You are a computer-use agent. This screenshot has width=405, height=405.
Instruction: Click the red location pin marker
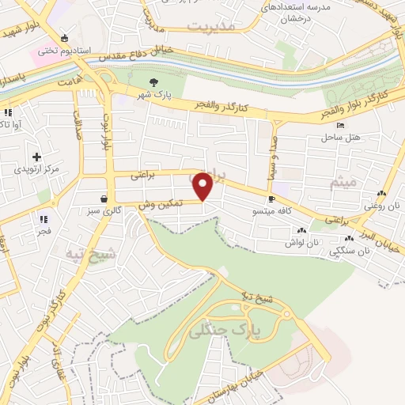tap(203, 187)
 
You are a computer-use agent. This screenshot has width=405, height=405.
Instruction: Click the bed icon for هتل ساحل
tap(340, 126)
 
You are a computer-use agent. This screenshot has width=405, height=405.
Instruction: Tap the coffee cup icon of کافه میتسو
tap(272, 199)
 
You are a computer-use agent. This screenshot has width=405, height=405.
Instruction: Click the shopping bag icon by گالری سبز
tap(105, 199)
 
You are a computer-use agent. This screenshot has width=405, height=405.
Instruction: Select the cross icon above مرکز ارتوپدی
tap(36, 157)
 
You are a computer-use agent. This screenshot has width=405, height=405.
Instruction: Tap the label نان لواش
tap(303, 243)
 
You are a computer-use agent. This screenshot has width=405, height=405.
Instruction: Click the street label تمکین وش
tap(160, 204)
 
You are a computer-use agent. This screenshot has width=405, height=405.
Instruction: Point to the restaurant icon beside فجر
tap(43, 219)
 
